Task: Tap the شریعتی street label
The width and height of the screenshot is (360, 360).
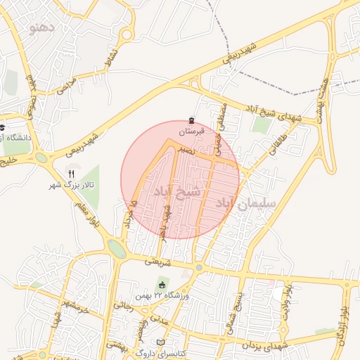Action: (x=157, y=261)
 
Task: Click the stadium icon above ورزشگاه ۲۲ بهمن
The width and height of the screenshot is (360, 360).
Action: (x=163, y=284)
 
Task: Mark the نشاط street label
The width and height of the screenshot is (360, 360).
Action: (x=110, y=56)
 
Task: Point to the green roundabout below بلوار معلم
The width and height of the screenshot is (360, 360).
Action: (x=117, y=249)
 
